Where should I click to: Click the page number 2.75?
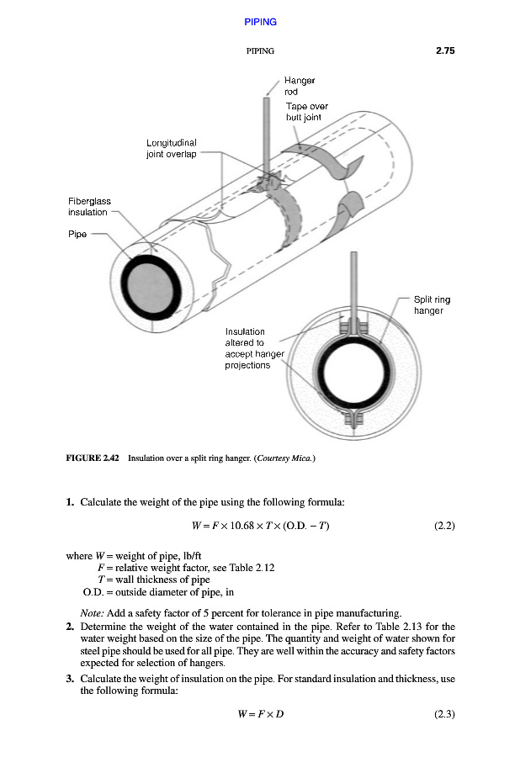445,50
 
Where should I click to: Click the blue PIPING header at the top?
260,22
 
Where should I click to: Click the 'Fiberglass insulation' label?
89,207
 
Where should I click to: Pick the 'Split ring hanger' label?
428,304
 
